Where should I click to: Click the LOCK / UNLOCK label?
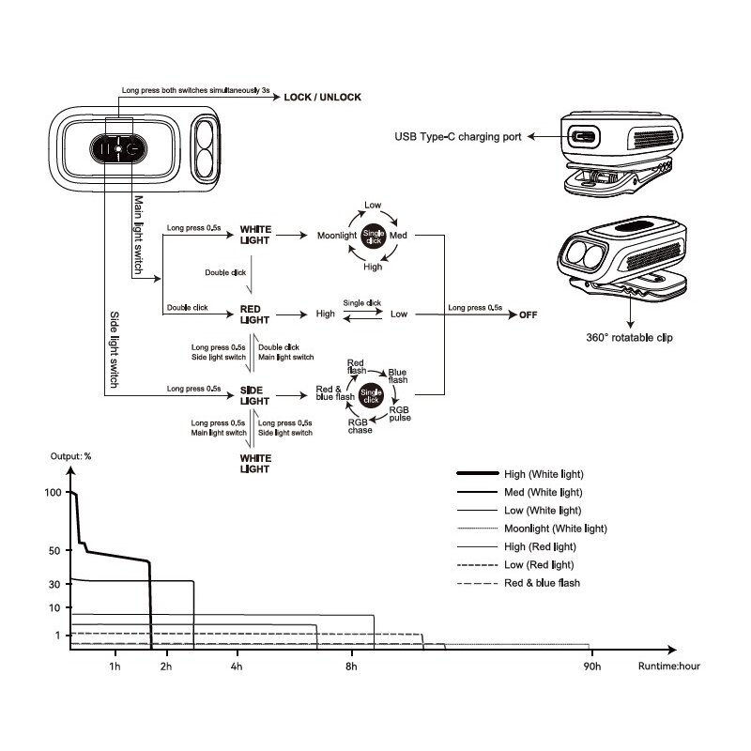[322, 97]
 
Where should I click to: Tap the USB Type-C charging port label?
[459, 137]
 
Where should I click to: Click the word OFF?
[531, 315]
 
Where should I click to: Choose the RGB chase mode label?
[360, 425]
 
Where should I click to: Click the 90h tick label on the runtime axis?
[590, 667]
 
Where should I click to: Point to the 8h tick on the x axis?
[352, 667]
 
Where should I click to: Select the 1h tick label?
[115, 667]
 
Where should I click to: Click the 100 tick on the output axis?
[54, 493]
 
